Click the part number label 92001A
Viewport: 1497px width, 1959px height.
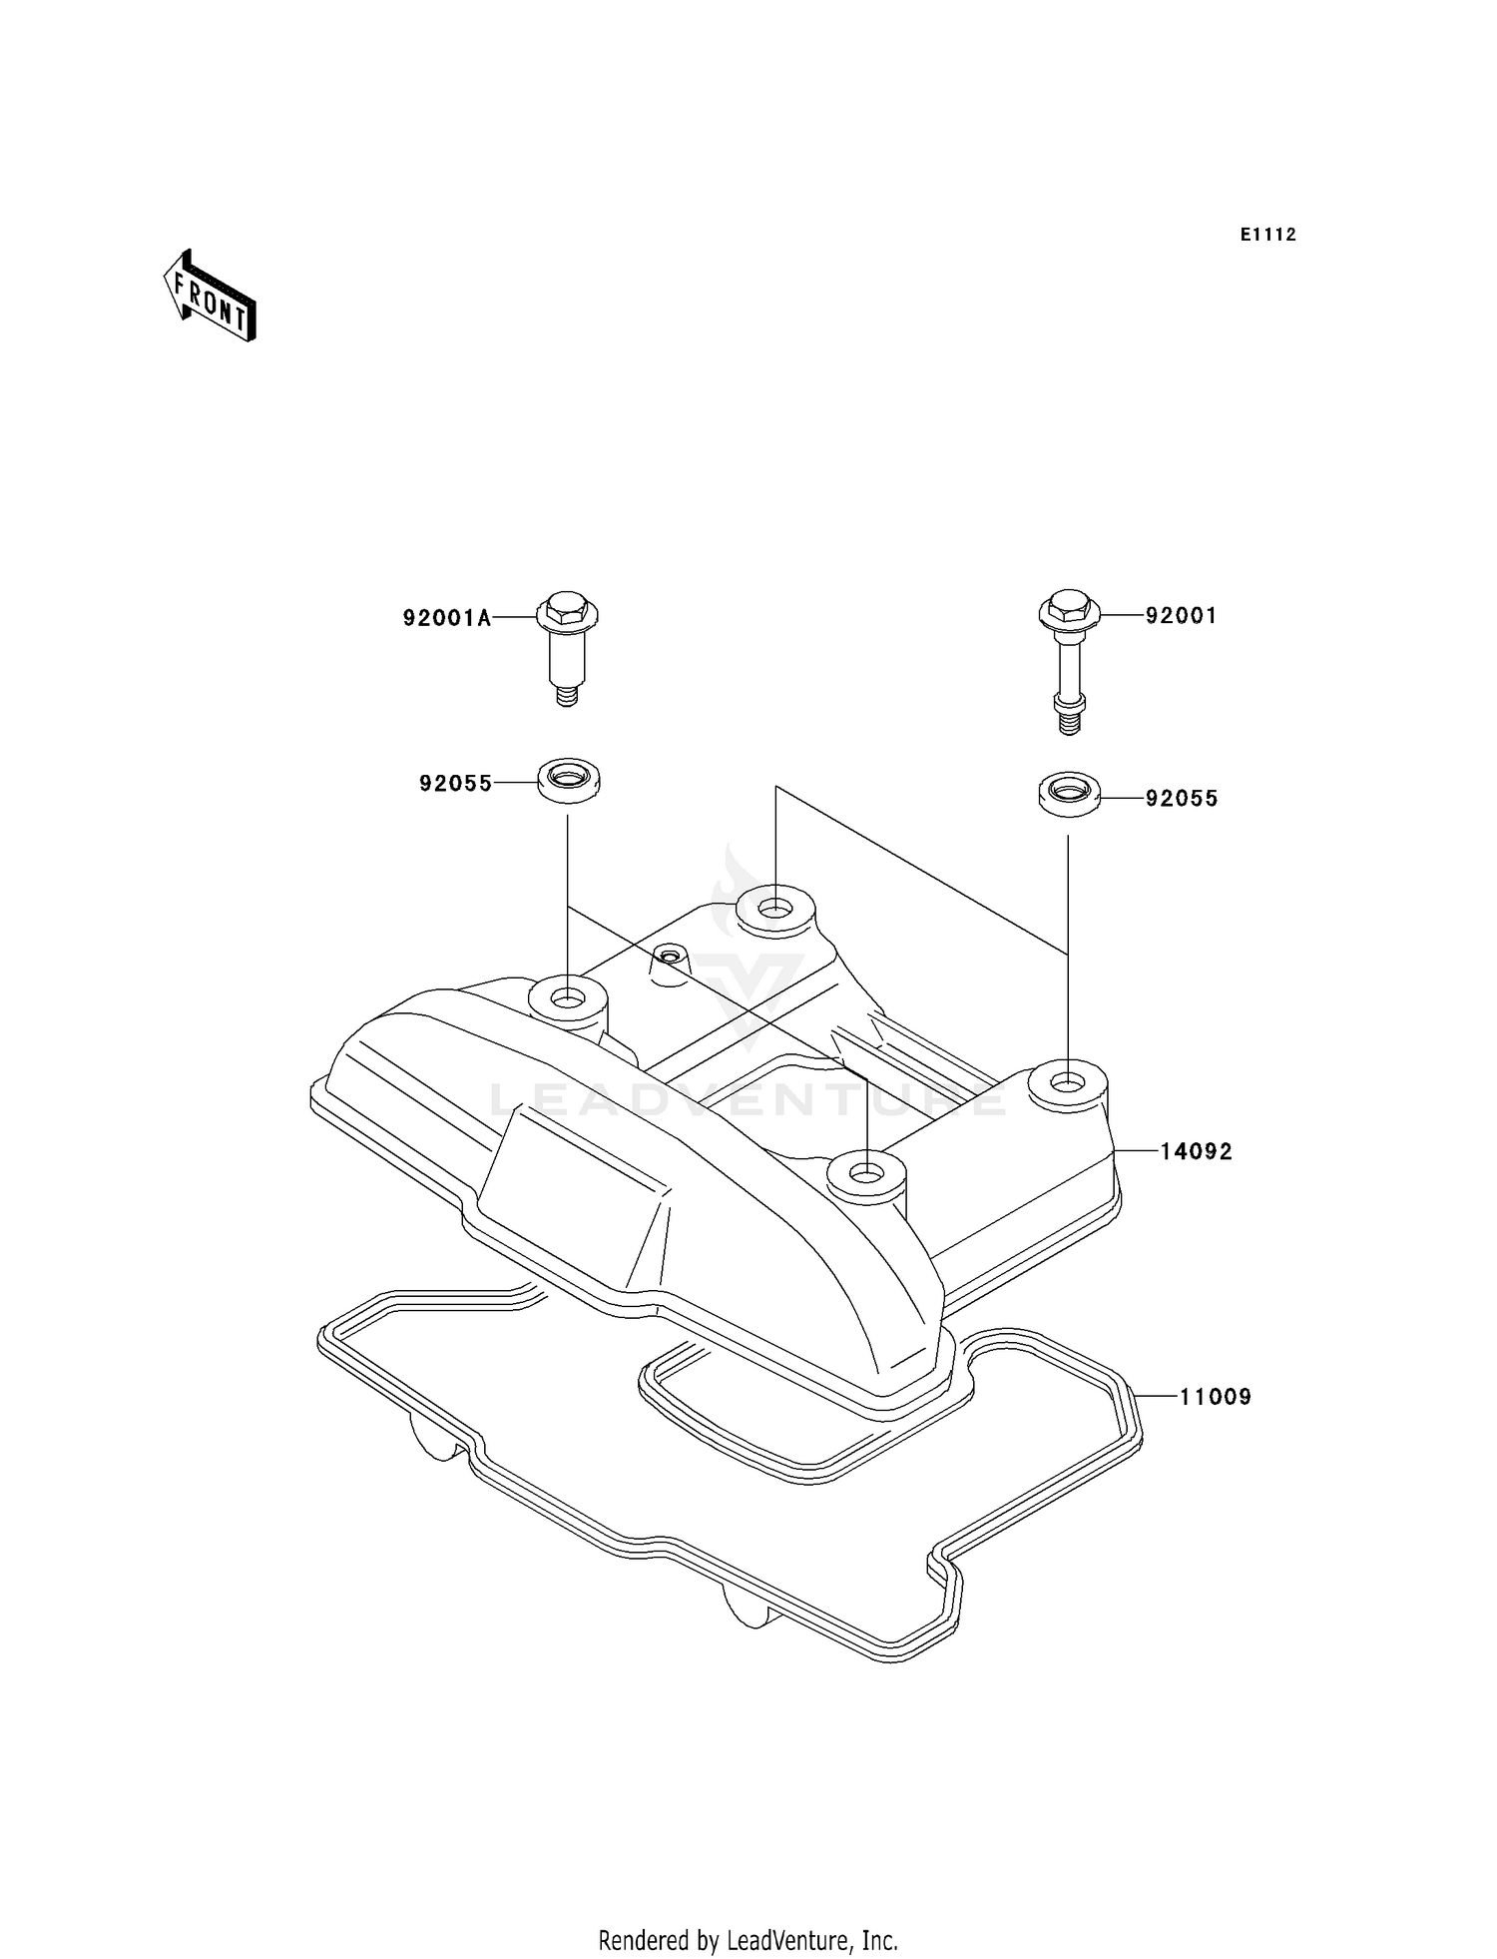[x=447, y=618]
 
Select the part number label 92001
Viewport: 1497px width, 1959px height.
[x=1181, y=616]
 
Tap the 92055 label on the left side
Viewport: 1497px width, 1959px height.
[x=456, y=784]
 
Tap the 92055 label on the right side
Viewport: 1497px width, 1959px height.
[x=1182, y=799]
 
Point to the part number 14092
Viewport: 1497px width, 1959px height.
[x=1196, y=1152]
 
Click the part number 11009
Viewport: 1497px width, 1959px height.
[x=1215, y=1397]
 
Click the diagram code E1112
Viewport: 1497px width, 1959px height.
[x=1268, y=235]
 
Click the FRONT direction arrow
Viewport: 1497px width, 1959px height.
[x=210, y=298]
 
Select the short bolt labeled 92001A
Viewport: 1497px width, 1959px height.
[x=568, y=647]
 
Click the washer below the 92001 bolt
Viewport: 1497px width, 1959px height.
[x=1068, y=794]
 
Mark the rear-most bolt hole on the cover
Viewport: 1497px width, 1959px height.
[x=774, y=909]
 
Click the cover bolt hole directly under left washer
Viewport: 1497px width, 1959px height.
[x=568, y=998]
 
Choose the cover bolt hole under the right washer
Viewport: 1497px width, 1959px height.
[x=1068, y=1081]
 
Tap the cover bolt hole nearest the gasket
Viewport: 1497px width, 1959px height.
[x=867, y=1169]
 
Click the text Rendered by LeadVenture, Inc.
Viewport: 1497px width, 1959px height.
[x=748, y=1940]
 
